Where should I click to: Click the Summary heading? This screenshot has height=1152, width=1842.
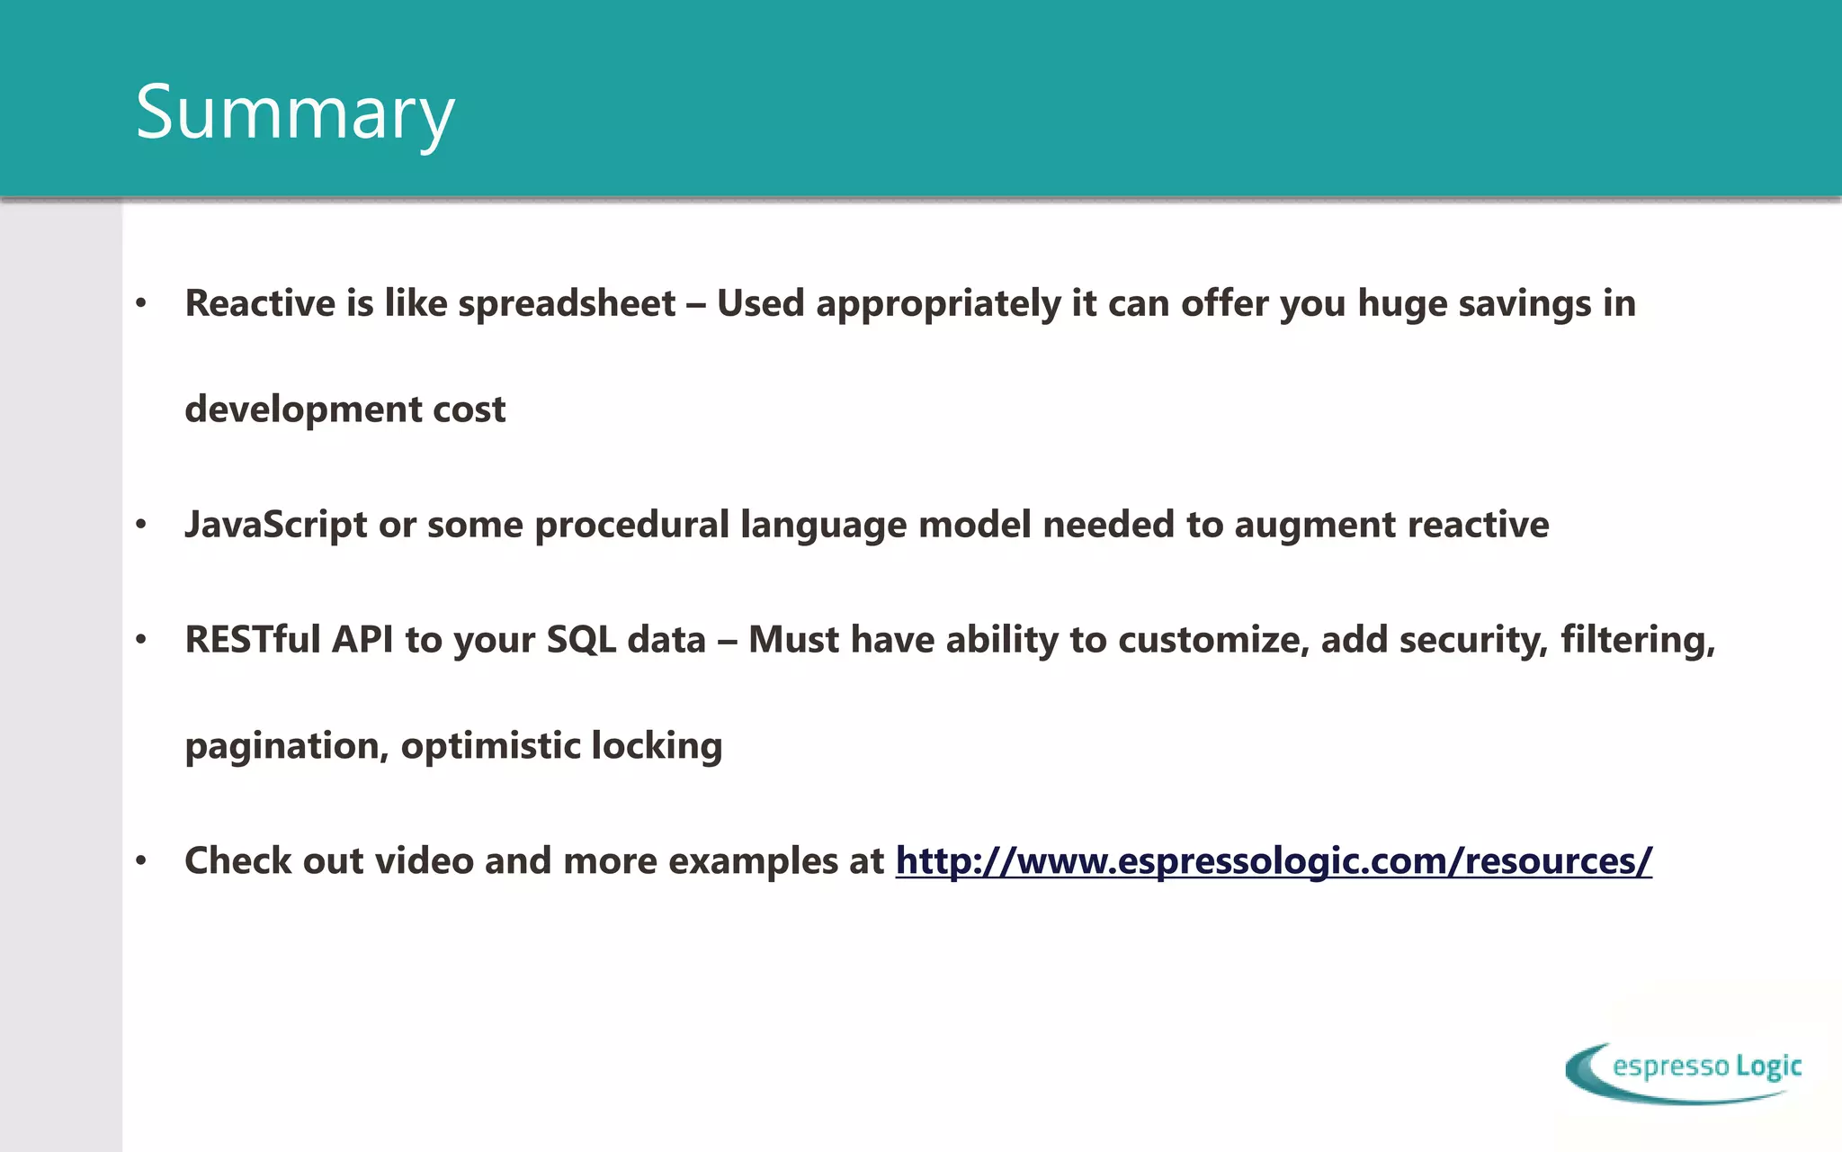(295, 112)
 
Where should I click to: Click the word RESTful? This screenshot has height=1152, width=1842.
(253, 639)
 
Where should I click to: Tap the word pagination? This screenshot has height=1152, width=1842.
(286, 746)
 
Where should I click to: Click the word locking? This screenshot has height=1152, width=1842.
(657, 746)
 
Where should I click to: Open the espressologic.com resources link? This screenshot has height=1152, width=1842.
(1274, 861)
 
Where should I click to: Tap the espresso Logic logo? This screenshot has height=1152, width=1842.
(1684, 1071)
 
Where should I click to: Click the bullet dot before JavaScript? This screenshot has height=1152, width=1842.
(140, 525)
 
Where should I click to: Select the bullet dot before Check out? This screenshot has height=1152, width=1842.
(140, 861)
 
